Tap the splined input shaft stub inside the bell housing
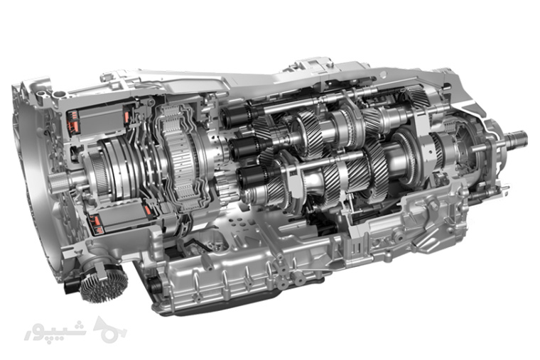click(x=56, y=182)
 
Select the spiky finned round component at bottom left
click(x=104, y=284)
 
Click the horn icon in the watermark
click(x=109, y=329)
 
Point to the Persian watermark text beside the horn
click(x=55, y=332)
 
